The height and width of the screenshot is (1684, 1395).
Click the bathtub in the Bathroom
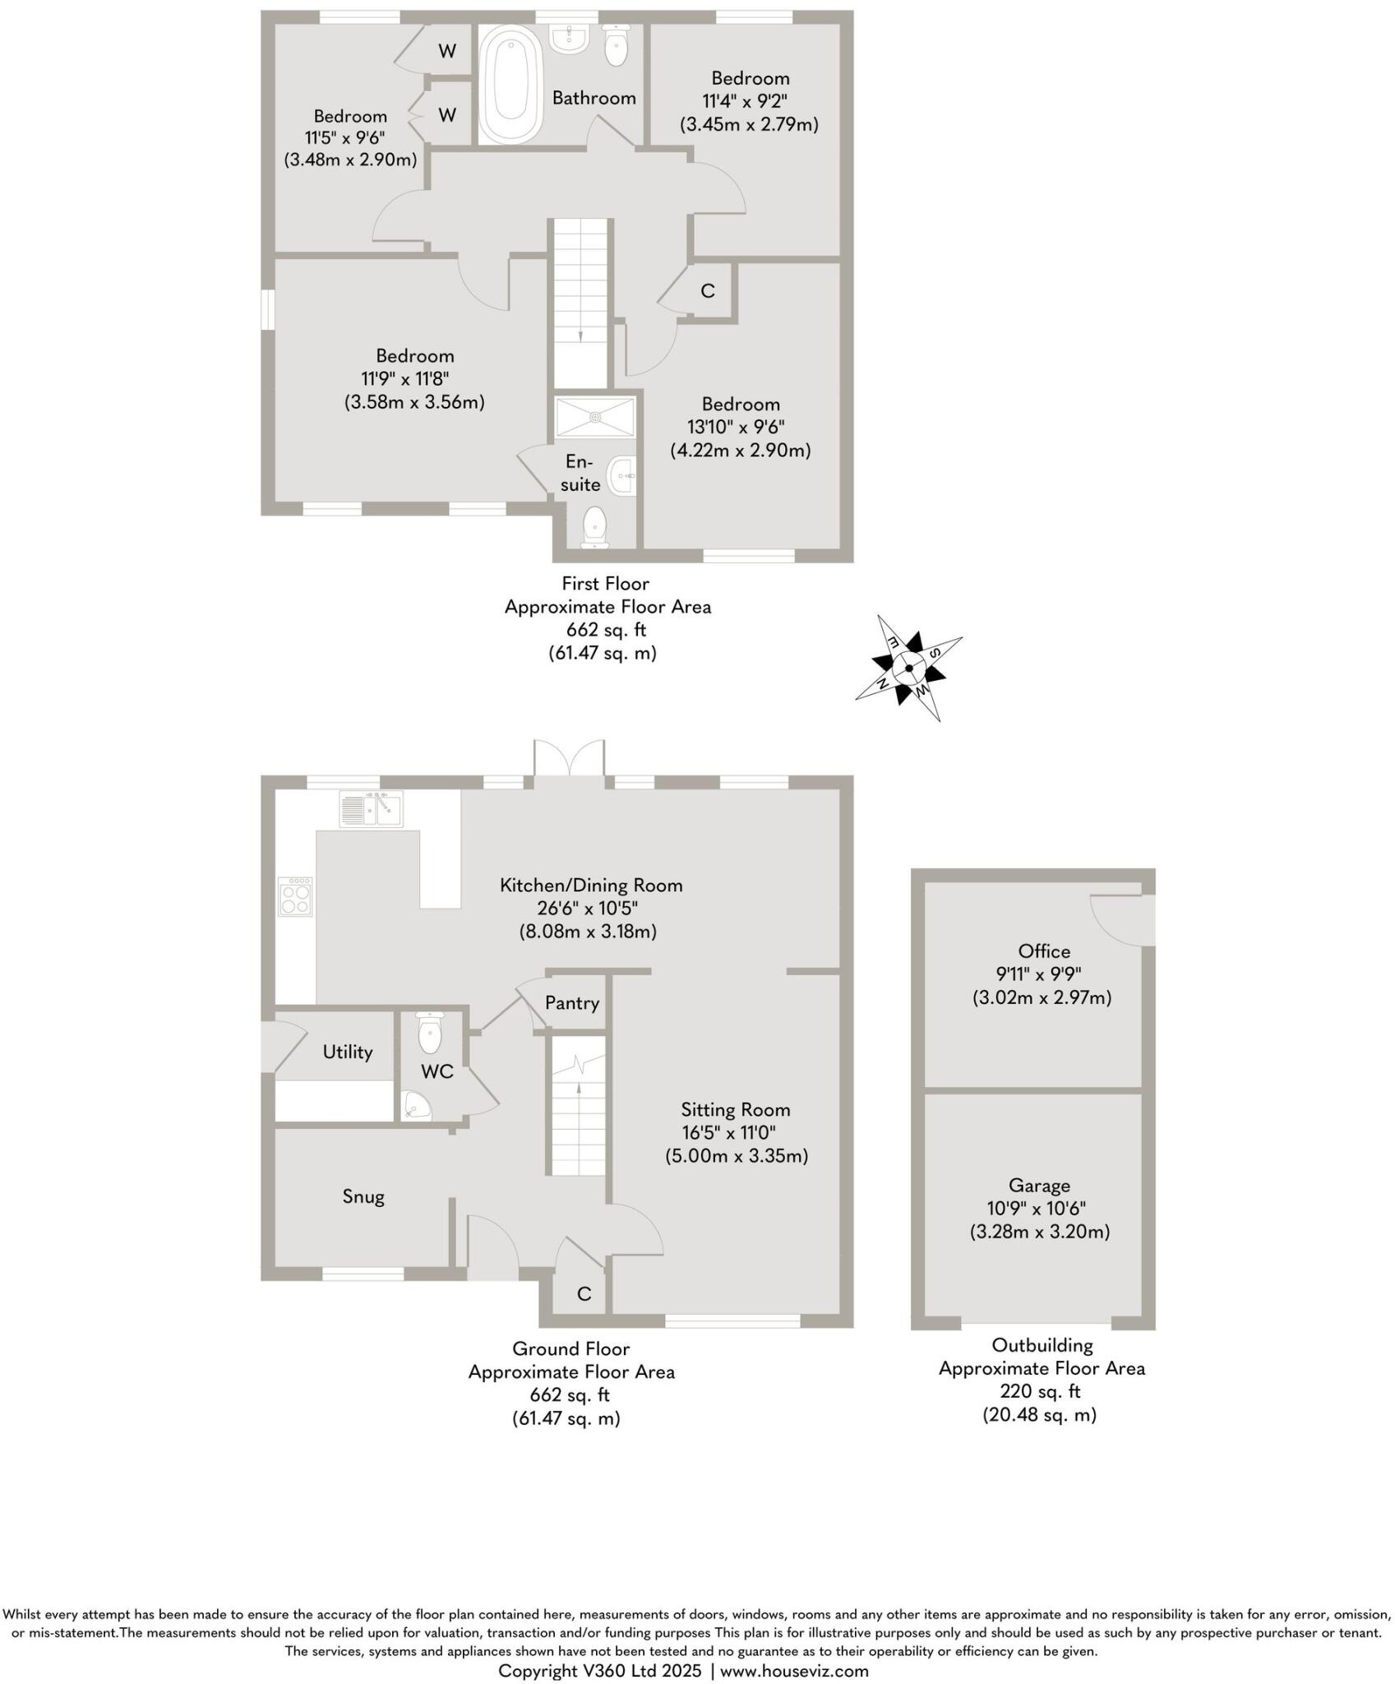(x=510, y=84)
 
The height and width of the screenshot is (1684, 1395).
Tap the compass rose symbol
(x=908, y=668)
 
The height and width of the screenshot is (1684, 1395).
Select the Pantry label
(x=572, y=1003)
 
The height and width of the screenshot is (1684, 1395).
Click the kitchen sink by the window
(x=371, y=809)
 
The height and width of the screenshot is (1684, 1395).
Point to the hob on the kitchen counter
(x=296, y=896)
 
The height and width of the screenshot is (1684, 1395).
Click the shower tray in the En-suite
(x=595, y=418)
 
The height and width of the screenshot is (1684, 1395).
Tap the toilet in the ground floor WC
(x=431, y=1034)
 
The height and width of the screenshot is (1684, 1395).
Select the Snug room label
(x=363, y=1196)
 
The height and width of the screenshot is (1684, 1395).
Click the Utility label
(x=347, y=1052)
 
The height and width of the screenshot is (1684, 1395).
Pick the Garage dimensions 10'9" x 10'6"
(x=1040, y=1209)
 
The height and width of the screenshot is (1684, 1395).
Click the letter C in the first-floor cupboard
(x=707, y=291)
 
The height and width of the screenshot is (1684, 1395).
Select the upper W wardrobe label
(x=447, y=51)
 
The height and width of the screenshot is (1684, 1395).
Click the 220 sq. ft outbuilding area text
(x=1040, y=1392)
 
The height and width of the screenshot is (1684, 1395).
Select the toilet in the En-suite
(x=594, y=526)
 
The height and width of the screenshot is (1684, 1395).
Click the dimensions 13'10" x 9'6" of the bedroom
(x=736, y=428)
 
